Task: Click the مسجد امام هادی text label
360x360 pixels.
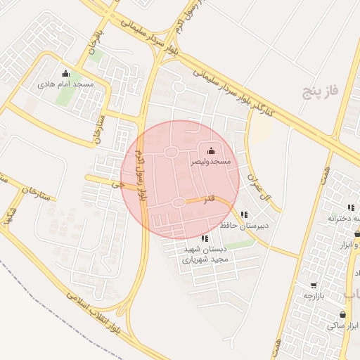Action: coord(65,84)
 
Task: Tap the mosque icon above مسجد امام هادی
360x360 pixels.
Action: coord(65,74)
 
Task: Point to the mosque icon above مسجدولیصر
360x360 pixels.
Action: coord(212,150)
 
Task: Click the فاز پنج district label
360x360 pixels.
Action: coord(321,90)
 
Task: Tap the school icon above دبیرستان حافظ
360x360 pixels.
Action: coord(244,215)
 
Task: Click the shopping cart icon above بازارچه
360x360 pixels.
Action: coord(313,286)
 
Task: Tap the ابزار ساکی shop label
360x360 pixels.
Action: coord(342,326)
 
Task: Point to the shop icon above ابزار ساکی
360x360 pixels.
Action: coord(342,314)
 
